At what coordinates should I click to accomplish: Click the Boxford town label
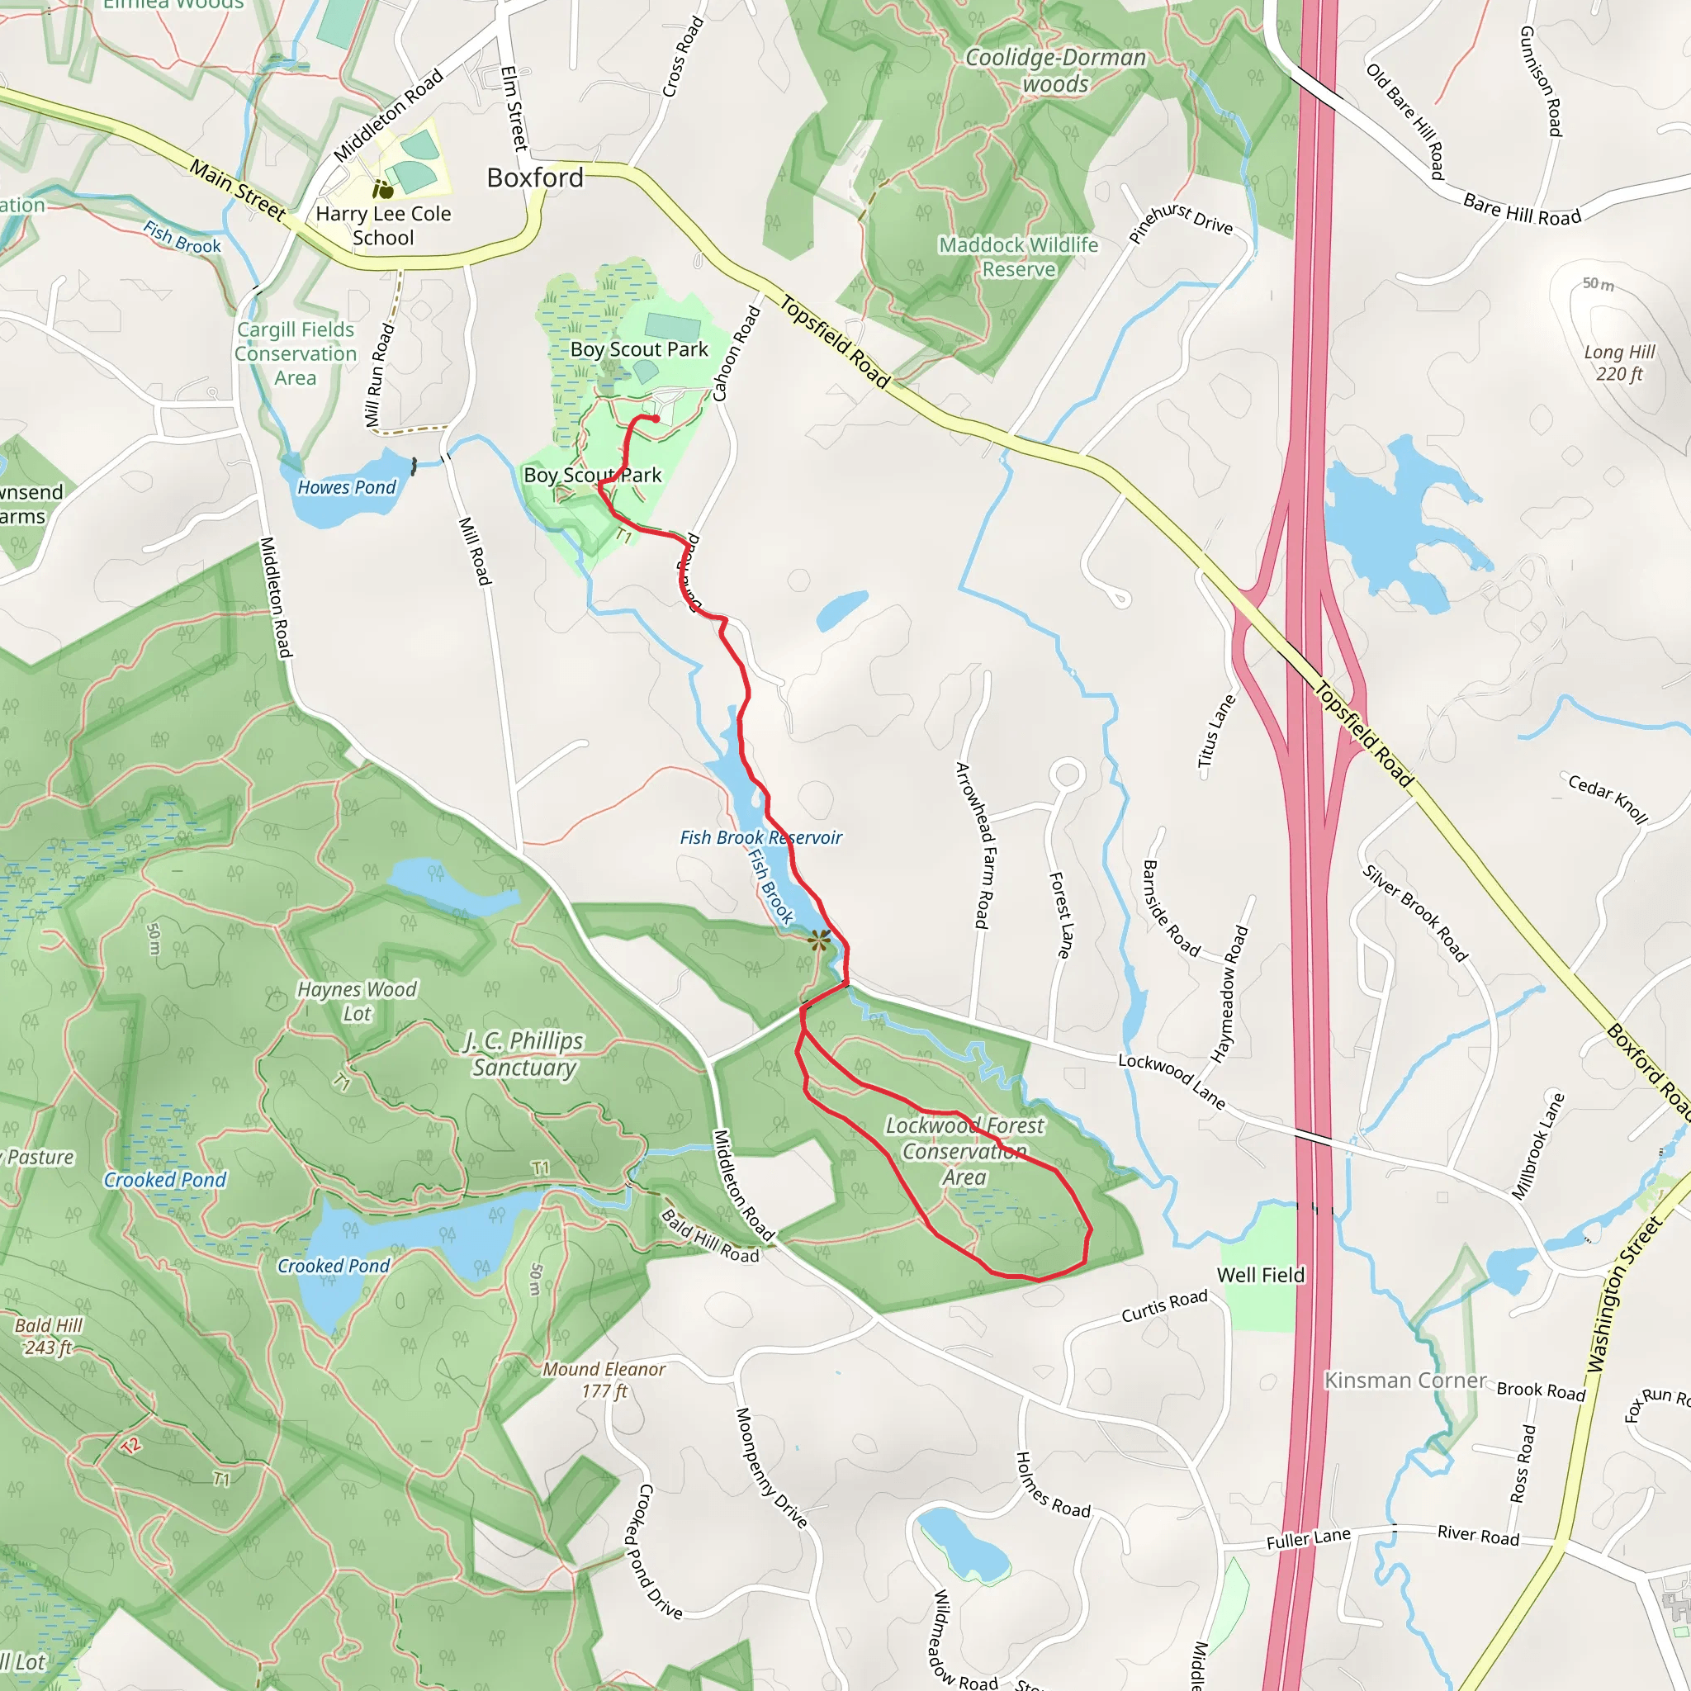point(535,178)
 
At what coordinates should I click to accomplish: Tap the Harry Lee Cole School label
point(383,225)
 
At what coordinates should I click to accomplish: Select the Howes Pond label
point(347,487)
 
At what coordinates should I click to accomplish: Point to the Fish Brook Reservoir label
point(760,837)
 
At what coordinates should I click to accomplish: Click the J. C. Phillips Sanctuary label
point(524,1054)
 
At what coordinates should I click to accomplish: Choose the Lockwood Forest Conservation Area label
point(964,1151)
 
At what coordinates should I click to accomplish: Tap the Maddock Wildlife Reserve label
point(1019,257)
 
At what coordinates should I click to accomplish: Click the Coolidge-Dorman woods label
point(1055,71)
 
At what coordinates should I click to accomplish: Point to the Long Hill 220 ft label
point(1619,362)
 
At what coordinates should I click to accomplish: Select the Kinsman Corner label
point(1404,1381)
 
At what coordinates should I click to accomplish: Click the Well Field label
point(1260,1275)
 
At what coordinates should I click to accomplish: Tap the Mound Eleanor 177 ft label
point(604,1380)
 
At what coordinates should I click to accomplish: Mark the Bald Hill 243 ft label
point(48,1336)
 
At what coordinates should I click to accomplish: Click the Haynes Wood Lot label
point(357,1002)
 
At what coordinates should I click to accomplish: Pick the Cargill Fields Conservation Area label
point(296,353)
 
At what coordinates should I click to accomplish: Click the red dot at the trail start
point(656,419)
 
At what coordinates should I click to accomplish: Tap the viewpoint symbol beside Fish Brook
point(819,941)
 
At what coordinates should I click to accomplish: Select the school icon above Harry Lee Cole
point(382,189)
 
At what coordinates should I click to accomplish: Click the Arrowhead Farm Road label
point(973,845)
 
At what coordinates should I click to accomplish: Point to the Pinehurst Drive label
point(1181,222)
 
